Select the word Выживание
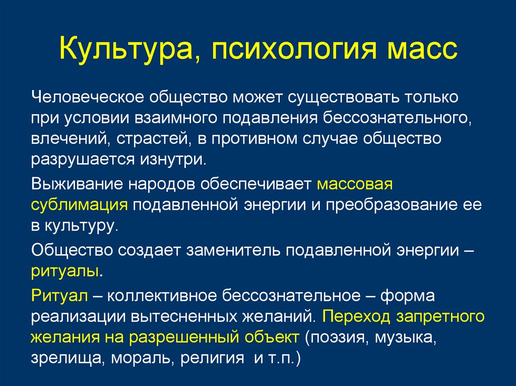[x=78, y=185]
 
